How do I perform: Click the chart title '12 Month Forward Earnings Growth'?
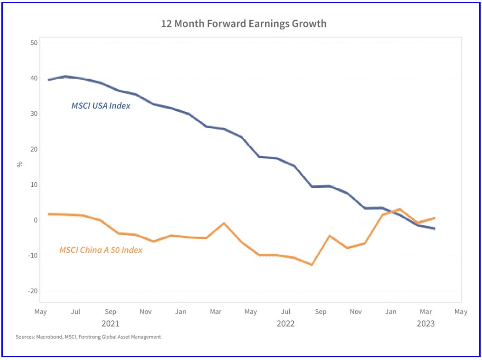point(243,24)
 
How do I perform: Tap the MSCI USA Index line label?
point(100,106)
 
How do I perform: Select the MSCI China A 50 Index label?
point(100,250)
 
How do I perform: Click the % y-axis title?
point(19,164)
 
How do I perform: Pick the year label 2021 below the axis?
point(110,323)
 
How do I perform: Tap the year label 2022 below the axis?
point(286,323)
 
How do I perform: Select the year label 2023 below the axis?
point(425,323)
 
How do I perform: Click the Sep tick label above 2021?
point(110,312)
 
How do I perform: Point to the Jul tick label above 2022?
point(286,312)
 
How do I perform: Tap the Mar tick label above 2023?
point(425,312)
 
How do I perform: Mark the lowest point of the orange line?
point(312,265)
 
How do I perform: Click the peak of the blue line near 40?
point(66,76)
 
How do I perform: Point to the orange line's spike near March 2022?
point(224,223)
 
